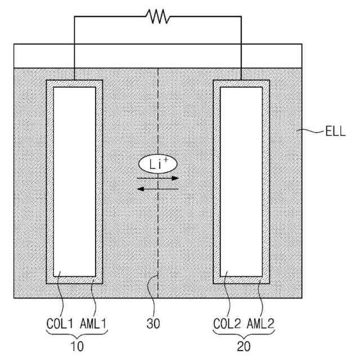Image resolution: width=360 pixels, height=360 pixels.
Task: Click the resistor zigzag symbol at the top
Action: click(158, 16)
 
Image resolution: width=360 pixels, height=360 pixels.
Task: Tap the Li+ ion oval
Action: click(158, 164)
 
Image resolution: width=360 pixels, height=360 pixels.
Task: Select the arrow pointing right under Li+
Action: click(158, 178)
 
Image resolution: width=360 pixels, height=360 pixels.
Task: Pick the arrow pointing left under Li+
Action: click(158, 188)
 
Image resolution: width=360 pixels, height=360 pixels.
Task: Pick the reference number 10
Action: click(74, 347)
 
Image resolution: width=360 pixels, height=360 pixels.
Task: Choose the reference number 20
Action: click(244, 347)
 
